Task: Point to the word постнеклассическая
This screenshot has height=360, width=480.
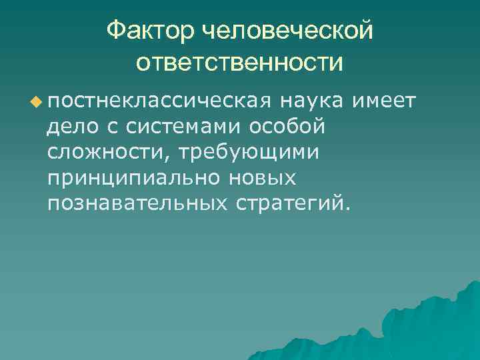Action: coord(159,101)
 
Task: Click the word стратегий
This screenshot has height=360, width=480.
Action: coord(287,203)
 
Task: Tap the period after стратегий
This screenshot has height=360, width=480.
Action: coord(345,207)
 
